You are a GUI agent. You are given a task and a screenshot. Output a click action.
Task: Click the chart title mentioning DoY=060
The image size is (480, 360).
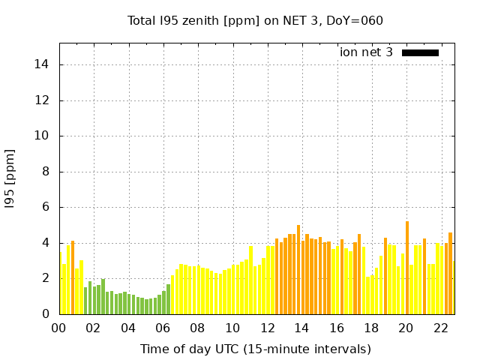(256, 20)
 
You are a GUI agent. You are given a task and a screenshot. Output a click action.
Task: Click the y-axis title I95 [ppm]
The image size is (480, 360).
(10, 178)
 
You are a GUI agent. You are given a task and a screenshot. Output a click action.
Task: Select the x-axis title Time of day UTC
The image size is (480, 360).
(256, 349)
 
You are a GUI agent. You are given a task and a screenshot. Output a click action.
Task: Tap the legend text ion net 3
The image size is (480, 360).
(366, 52)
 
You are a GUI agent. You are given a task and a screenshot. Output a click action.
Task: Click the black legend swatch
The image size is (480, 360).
(420, 52)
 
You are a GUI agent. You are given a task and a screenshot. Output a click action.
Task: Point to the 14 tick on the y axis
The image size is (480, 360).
(42, 64)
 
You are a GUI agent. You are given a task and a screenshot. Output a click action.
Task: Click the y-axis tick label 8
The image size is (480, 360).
(46, 172)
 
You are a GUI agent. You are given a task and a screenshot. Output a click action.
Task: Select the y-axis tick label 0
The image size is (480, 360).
(46, 314)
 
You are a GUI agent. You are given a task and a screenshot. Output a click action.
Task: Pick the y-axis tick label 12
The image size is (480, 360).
(42, 100)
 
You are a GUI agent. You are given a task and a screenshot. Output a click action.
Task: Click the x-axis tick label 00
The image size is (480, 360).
(59, 328)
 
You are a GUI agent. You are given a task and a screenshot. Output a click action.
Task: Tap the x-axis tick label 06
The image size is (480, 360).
(163, 328)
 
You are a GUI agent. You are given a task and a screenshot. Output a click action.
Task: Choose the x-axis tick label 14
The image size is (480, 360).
(302, 328)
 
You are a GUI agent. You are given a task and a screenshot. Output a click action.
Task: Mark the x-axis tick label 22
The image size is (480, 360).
(441, 328)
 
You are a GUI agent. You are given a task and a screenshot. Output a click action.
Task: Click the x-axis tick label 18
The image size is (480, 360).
(371, 328)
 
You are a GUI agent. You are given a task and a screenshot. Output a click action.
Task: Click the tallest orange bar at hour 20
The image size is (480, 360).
(407, 268)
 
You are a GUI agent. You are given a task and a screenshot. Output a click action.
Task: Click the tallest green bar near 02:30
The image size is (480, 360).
(103, 296)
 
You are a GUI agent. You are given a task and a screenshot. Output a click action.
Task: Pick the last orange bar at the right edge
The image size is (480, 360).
(450, 274)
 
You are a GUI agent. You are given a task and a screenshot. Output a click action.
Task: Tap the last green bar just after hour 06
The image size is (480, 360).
(168, 299)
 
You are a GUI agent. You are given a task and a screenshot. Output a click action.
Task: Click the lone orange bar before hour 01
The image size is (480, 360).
(73, 277)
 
